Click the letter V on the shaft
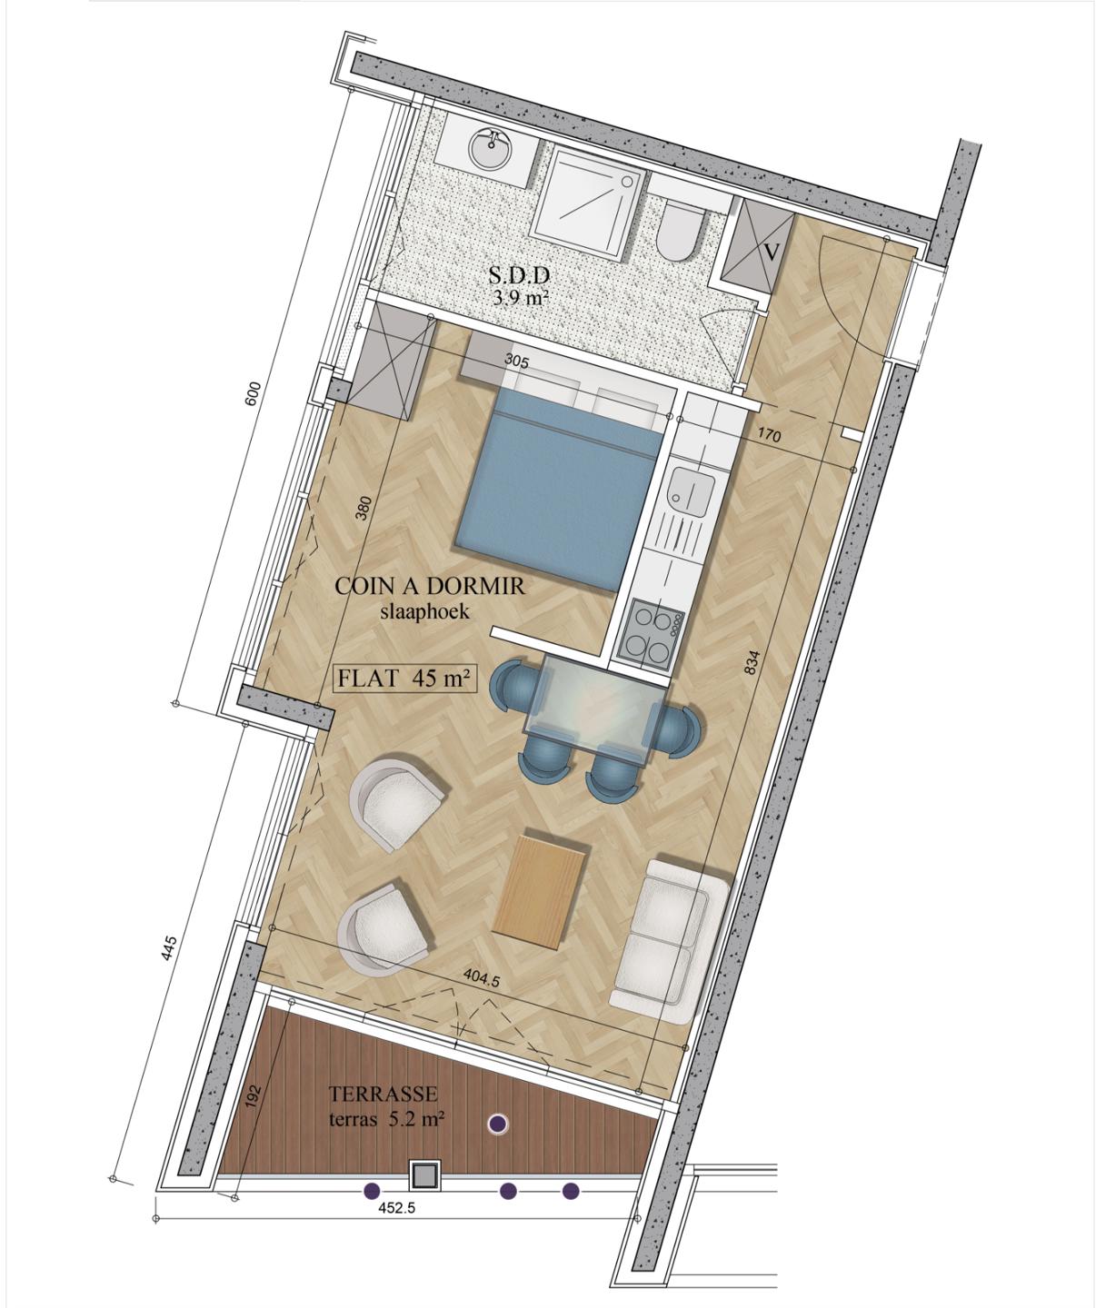point(772,252)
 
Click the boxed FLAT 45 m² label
point(404,678)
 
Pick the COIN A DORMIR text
point(430,587)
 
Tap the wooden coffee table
point(541,890)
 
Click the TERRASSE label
point(384,1094)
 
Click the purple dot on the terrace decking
point(498,1124)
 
